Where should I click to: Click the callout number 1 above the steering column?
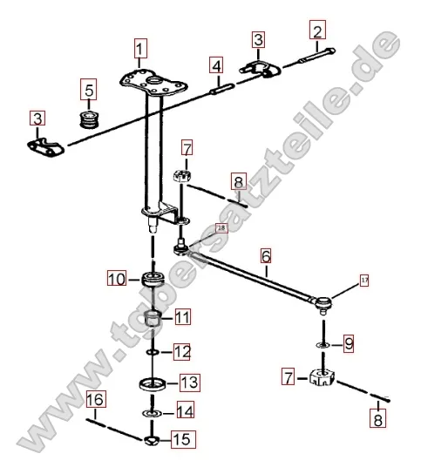[140, 47]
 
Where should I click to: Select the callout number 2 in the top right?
[316, 32]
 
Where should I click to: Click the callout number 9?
[348, 344]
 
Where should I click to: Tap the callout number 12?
[180, 351]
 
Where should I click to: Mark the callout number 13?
[188, 382]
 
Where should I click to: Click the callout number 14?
[185, 410]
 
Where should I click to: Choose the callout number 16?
[95, 400]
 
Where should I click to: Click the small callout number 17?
[364, 281]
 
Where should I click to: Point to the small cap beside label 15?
[153, 439]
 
